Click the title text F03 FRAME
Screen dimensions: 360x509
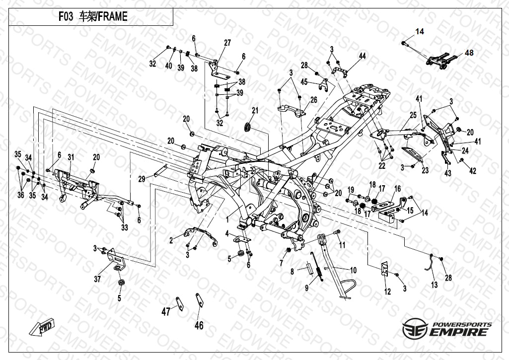tap(92, 16)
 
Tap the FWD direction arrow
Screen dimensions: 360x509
tap(43, 328)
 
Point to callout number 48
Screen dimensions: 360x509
tap(469, 53)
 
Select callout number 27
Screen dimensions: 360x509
tap(227, 43)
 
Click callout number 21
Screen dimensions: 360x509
tap(255, 110)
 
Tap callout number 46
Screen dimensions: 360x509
tap(199, 326)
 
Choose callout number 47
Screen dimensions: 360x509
tap(165, 312)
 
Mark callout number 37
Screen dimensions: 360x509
tap(97, 280)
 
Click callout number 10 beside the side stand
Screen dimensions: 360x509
tap(354, 271)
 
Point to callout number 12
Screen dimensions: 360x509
tap(388, 291)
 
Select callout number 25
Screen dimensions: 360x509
tap(413, 115)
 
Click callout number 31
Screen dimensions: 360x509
tap(71, 157)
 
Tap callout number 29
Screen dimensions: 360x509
tap(141, 179)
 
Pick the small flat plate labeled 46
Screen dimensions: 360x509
tap(200, 301)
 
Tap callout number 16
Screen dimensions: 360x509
tap(397, 188)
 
